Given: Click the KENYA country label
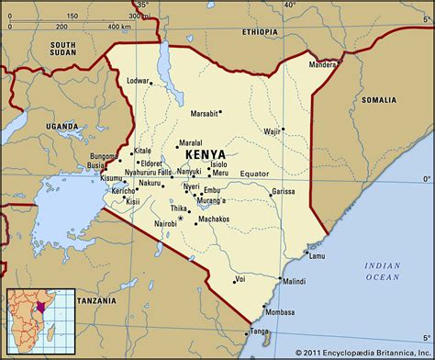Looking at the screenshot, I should [203, 153].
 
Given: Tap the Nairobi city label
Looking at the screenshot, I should [164, 223].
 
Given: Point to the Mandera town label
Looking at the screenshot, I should [324, 65].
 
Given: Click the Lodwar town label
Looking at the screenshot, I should [141, 81].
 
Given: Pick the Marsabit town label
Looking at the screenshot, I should [205, 114].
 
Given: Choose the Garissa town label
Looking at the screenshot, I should [283, 191].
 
